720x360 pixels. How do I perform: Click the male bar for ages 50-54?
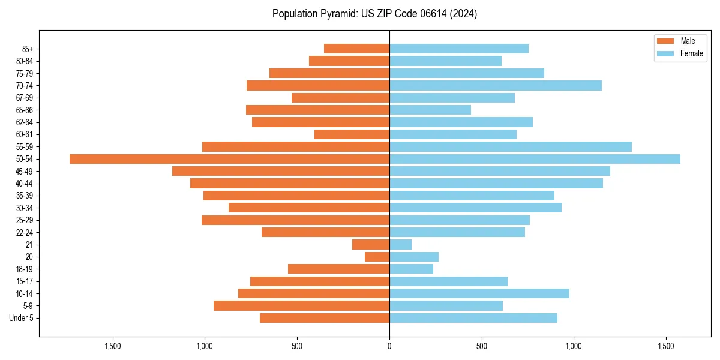229,159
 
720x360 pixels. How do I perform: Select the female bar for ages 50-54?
535,159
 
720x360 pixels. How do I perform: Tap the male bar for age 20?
377,257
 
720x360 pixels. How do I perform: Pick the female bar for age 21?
400,245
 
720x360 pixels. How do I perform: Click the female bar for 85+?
459,49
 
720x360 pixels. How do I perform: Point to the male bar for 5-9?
301,306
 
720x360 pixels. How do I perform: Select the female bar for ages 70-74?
496,86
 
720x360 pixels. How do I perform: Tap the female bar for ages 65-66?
430,110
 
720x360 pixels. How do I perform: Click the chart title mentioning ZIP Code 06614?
374,14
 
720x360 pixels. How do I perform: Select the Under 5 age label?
21,318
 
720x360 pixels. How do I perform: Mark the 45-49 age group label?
25,172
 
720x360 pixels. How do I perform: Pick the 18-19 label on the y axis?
25,269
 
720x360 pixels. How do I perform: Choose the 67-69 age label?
25,98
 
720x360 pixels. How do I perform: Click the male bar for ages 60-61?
352,134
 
